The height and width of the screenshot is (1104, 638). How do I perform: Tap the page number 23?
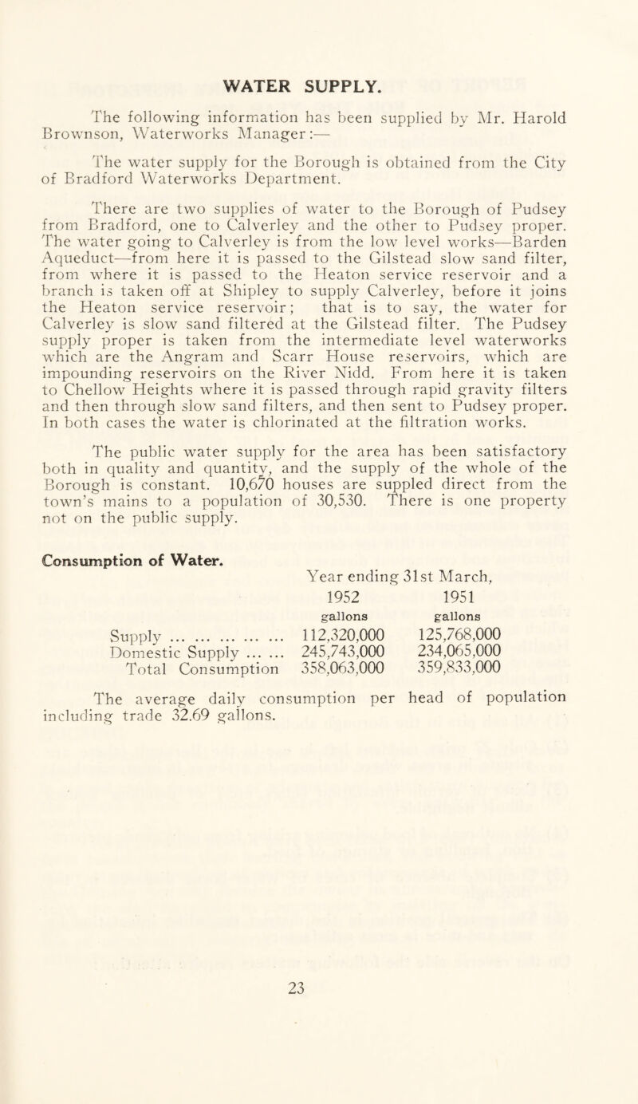pos(317,1052)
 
